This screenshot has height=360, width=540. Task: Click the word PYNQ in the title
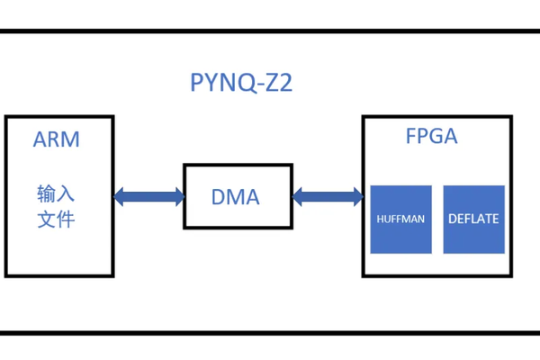pyautogui.click(x=217, y=84)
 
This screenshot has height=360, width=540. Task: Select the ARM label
pyautogui.click(x=56, y=139)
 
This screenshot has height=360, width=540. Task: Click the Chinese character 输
pyautogui.click(x=46, y=193)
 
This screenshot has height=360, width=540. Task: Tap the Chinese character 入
pyautogui.click(x=66, y=193)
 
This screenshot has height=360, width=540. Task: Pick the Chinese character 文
pyautogui.click(x=46, y=220)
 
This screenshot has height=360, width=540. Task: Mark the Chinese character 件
pyautogui.click(x=66, y=220)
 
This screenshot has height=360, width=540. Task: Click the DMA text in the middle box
pyautogui.click(x=235, y=196)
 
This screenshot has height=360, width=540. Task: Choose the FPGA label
pyautogui.click(x=431, y=138)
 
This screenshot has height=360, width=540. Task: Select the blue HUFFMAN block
pyautogui.click(x=400, y=219)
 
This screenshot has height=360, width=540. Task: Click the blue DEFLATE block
pyautogui.click(x=473, y=219)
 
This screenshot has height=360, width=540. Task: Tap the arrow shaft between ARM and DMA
pyautogui.click(x=149, y=195)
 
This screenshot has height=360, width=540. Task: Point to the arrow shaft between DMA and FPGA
pyautogui.click(x=328, y=195)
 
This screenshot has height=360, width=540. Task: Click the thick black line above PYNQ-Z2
pyautogui.click(x=270, y=31)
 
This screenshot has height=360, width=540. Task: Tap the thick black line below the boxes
pyautogui.click(x=270, y=332)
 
